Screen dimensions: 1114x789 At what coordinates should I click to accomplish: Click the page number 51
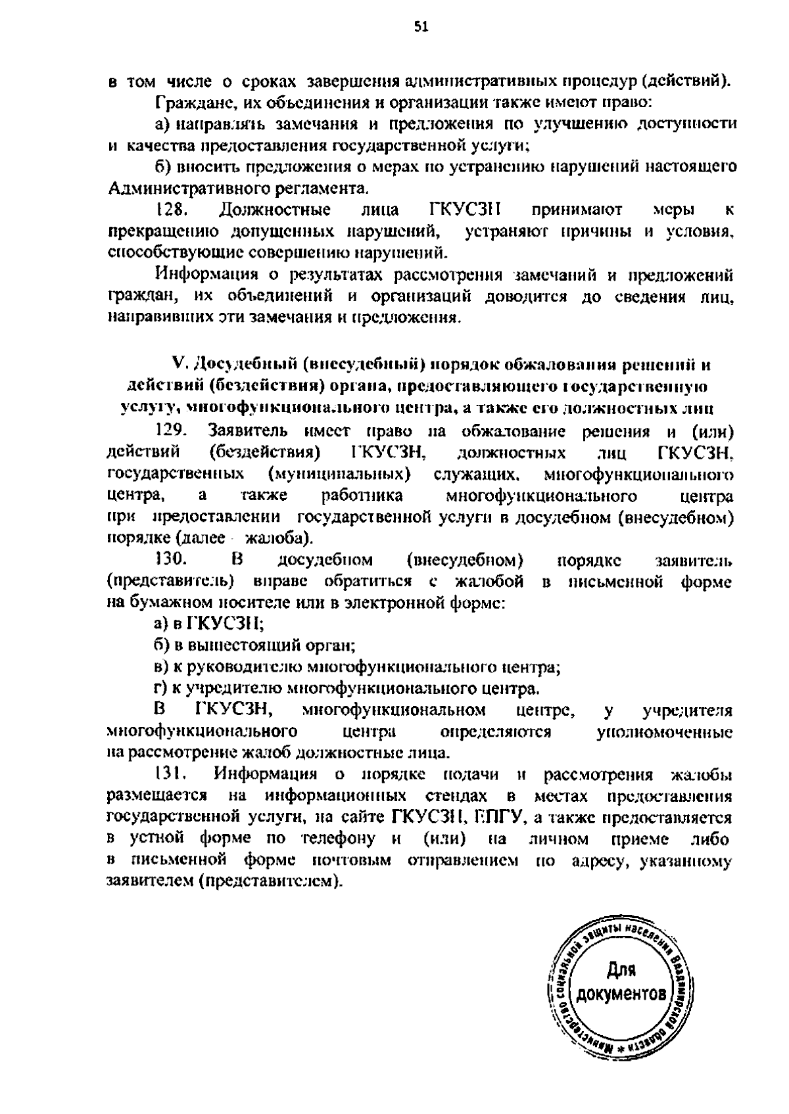(421, 27)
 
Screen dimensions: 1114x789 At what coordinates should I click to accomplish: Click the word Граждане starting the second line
(183, 103)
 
